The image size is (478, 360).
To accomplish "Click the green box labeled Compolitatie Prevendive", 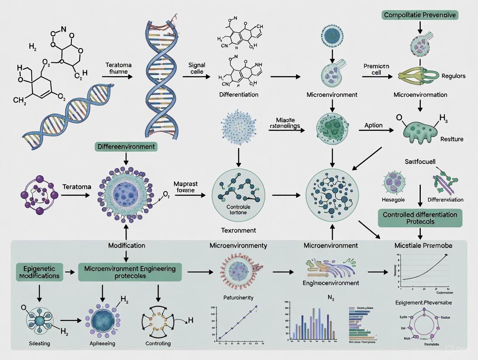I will click(x=420, y=15).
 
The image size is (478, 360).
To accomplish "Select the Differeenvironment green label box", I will click(x=126, y=147).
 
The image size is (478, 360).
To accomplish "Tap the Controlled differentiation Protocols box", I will click(x=420, y=218).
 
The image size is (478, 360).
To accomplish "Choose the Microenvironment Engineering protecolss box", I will click(x=130, y=272).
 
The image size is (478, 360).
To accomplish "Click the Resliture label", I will click(x=452, y=139).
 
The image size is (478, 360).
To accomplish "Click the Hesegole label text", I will click(x=393, y=199).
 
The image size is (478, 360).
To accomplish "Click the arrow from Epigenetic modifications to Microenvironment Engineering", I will click(x=69, y=273).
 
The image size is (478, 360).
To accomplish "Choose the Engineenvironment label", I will click(x=331, y=283).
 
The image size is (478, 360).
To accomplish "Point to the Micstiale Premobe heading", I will click(x=423, y=245).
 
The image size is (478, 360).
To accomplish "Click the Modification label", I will click(x=126, y=245).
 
